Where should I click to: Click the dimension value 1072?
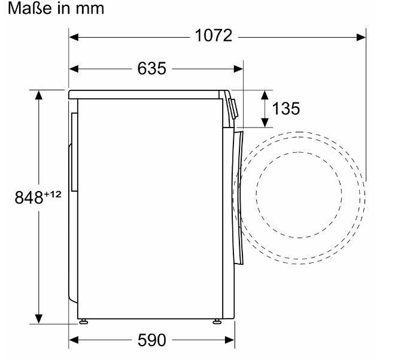[x=214, y=35]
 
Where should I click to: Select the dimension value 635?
[x=152, y=69]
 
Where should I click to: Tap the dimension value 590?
[x=152, y=340]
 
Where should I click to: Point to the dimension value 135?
[x=286, y=108]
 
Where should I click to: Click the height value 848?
[x=29, y=198]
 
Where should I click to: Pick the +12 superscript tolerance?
[x=53, y=194]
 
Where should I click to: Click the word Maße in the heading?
[x=30, y=8]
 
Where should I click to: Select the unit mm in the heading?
[x=90, y=9]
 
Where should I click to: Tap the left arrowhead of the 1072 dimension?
[x=74, y=37]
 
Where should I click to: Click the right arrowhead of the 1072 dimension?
[x=362, y=37]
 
